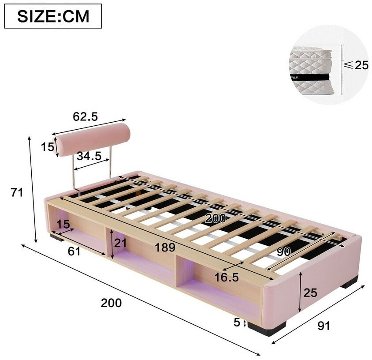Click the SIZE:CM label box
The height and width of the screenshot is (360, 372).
53,16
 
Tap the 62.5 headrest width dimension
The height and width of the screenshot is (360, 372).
85,116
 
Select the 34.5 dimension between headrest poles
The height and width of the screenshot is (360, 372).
89,156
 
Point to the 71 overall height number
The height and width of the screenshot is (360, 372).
17,192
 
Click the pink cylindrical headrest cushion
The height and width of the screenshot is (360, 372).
93,139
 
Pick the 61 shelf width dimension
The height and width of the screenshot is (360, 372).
74,251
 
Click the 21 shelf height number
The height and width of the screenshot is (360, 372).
120,243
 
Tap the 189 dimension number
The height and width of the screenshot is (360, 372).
165,247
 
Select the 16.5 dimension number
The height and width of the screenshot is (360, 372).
227,277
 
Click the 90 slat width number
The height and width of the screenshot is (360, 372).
283,251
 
